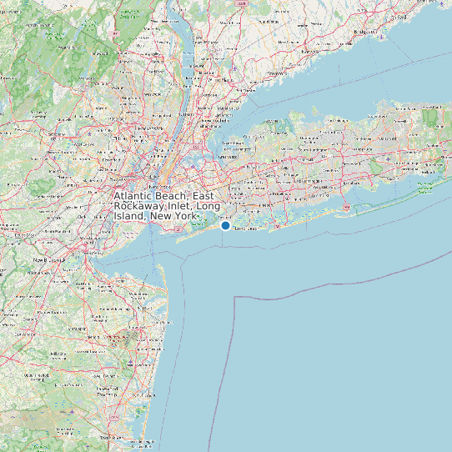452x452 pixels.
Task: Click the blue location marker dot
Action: pyautogui.click(x=225, y=225)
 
